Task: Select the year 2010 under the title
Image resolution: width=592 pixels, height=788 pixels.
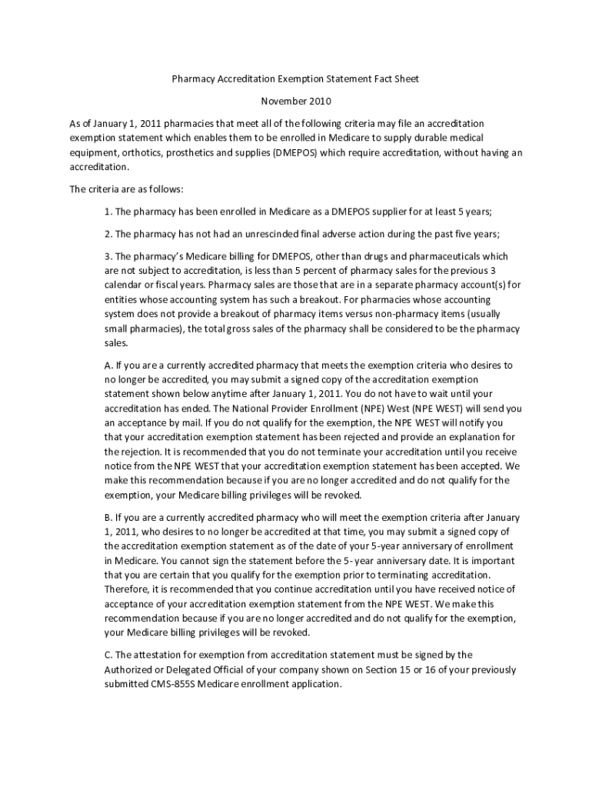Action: tap(321, 101)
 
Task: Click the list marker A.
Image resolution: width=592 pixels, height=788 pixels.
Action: tap(108, 365)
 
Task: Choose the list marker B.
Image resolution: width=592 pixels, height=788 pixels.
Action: tap(108, 517)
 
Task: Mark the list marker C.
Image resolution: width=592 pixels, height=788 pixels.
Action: tap(108, 655)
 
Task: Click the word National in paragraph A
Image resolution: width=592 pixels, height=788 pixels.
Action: tap(249, 408)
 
